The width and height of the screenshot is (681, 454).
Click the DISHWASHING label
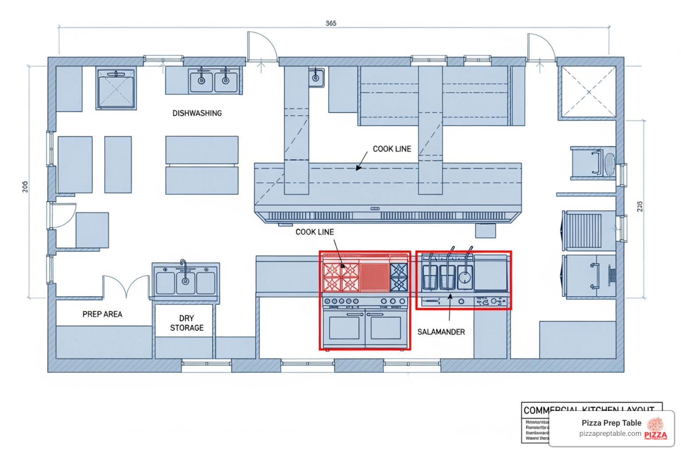click(x=197, y=113)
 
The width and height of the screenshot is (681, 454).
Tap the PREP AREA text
click(x=102, y=314)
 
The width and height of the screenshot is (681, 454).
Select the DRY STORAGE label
click(x=187, y=323)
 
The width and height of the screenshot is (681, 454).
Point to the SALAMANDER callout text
click(x=441, y=332)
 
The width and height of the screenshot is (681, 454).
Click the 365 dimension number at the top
click(x=331, y=23)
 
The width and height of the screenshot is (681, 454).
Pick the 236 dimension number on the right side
click(x=639, y=206)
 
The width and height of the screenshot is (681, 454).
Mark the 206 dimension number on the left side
click(x=25, y=187)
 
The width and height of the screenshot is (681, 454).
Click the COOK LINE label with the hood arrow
click(x=391, y=149)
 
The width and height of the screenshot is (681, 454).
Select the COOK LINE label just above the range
click(x=314, y=232)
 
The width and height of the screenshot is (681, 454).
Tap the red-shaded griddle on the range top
click(x=374, y=278)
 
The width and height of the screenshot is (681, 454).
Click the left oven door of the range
click(x=344, y=327)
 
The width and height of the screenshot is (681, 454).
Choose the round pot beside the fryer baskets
click(x=464, y=278)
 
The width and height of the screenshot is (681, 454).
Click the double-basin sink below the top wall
click(x=213, y=81)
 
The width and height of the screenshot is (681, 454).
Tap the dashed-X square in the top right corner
click(x=588, y=92)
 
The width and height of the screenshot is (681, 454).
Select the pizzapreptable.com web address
click(x=610, y=434)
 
